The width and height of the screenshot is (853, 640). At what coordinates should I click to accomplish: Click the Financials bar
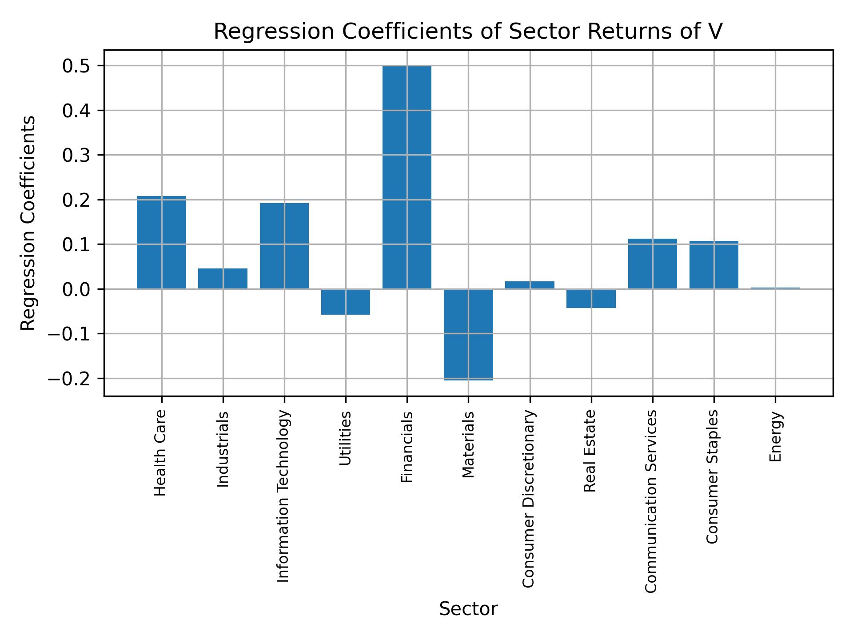point(407,178)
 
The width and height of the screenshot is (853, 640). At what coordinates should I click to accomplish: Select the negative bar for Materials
point(468,334)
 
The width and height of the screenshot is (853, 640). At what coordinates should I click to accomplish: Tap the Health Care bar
point(161,242)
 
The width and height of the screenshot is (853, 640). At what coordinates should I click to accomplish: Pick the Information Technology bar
point(284,246)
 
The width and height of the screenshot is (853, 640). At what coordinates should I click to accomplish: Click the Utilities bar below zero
point(345,302)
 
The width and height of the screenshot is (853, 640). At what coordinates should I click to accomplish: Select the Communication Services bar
point(652,264)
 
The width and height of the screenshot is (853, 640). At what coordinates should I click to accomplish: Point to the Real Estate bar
point(591,298)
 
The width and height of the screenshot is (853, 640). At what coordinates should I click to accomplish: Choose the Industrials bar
point(223,279)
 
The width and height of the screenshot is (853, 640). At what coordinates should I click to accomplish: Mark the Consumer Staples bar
point(713,265)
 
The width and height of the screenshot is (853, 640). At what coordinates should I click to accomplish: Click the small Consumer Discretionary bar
point(530,285)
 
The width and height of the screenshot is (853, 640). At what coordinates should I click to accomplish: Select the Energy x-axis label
point(775,437)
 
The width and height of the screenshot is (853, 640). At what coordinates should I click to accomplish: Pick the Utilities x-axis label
point(345,438)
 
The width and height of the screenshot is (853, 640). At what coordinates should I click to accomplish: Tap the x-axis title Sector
point(468,609)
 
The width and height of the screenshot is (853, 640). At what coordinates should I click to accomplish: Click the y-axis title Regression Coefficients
point(28,223)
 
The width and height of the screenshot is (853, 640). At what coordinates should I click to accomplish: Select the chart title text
point(468,32)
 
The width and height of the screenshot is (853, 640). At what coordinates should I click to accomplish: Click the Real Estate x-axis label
point(590,451)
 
